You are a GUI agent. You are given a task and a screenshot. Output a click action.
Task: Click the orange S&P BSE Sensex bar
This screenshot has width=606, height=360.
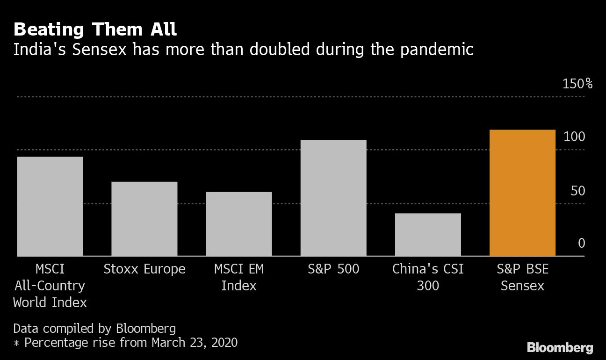(522, 193)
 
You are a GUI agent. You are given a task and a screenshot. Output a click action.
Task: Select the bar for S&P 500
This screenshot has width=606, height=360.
(333, 198)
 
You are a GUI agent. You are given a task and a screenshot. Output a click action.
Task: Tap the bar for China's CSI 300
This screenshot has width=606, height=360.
(428, 235)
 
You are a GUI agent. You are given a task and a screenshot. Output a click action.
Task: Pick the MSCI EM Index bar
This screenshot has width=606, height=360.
(239, 224)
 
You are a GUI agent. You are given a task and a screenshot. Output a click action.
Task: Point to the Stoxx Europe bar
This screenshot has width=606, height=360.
(144, 219)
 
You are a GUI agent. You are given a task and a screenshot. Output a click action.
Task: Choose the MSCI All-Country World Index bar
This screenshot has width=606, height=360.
(50, 206)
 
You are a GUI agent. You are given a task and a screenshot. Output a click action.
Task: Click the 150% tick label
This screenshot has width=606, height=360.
(577, 84)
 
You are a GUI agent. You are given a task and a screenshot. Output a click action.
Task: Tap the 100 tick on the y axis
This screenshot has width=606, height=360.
(574, 137)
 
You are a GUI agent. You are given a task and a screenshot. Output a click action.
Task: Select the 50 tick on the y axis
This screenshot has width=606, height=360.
(577, 191)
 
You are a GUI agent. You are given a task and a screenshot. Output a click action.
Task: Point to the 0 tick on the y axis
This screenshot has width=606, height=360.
(581, 244)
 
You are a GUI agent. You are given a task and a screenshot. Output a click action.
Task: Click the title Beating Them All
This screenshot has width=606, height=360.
(95, 30)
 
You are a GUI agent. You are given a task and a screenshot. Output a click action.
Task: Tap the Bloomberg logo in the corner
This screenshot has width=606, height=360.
(560, 348)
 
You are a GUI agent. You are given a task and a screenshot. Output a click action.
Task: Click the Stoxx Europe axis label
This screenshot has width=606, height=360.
(144, 269)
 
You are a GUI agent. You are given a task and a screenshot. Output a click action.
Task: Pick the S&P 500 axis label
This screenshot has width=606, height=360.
(333, 269)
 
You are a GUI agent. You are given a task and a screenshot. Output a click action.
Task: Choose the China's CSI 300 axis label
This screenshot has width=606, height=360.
(428, 277)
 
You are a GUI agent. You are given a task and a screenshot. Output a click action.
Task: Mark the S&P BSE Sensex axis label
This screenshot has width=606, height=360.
(522, 277)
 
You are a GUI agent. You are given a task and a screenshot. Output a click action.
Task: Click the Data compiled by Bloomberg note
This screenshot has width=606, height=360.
(94, 328)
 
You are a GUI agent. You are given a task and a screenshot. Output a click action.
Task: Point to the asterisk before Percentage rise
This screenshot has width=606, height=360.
(16, 343)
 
